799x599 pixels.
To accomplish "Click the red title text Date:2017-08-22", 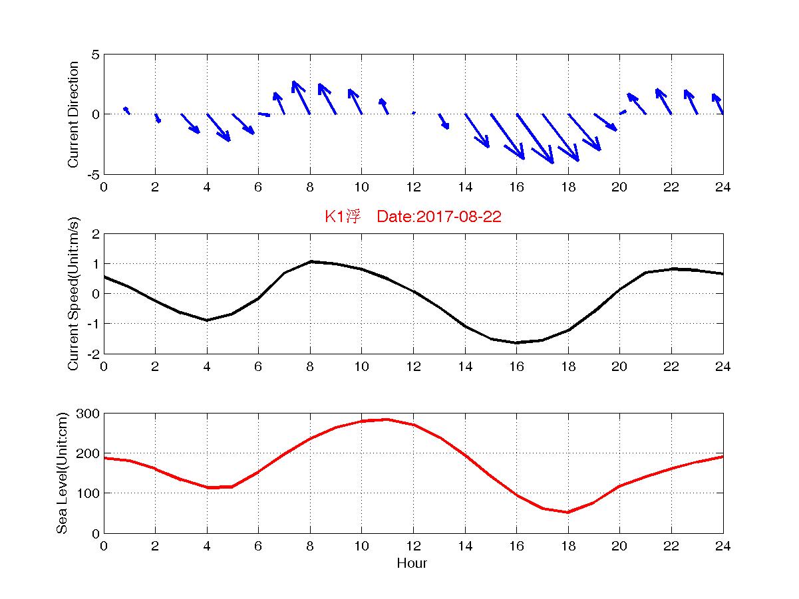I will tap(438, 217).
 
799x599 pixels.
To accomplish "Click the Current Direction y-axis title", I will tap(74, 114).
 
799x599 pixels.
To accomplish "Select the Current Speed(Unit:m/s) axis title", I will tap(74, 294).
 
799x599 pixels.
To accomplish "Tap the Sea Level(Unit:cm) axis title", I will tap(62, 473).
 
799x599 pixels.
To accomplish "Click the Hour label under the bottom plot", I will tap(412, 564).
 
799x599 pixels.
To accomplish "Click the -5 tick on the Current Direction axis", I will tap(92, 174).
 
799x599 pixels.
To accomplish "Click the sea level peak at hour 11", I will tap(387, 419).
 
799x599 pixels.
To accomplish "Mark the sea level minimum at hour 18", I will tap(567, 512).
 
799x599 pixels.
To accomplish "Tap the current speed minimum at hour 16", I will tap(516, 342).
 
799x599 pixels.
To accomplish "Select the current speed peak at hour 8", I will tap(310, 262).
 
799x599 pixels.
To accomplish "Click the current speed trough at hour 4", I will tap(207, 320).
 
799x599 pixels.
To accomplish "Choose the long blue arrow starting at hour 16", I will tap(535, 138).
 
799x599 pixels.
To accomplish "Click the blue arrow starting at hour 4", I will tap(218, 127).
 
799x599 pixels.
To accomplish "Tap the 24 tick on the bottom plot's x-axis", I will tap(722, 546).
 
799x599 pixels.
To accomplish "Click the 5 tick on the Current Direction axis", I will tap(95, 55).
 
